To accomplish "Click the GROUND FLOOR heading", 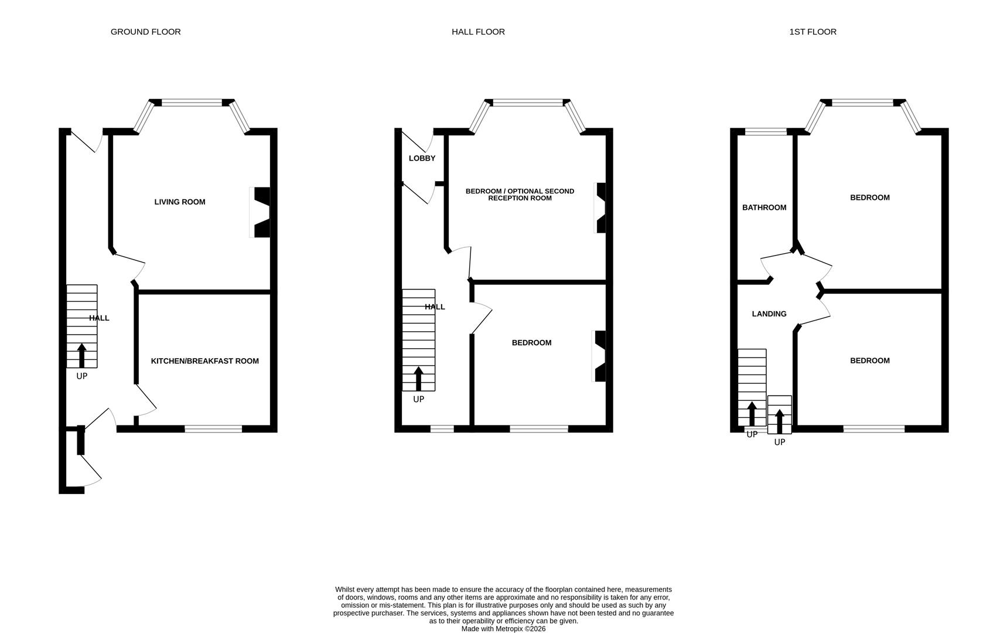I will [x=145, y=32].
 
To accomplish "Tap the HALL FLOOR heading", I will [x=478, y=32].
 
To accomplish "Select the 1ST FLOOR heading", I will [x=813, y=32].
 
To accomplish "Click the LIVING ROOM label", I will [x=180, y=202].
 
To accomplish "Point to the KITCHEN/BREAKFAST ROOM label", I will [x=204, y=361].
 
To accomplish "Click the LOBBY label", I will [x=422, y=158].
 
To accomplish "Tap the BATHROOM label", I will [x=764, y=207].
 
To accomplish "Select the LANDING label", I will [x=769, y=314].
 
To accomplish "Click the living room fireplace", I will [x=261, y=212].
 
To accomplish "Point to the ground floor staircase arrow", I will [x=81, y=355].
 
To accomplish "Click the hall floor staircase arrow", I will [x=418, y=379].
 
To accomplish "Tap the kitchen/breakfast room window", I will [x=213, y=429].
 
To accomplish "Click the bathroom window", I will [x=766, y=132].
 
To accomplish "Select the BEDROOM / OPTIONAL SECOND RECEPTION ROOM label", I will [x=520, y=195].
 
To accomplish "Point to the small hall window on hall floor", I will [x=442, y=429].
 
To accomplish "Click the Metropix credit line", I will [x=503, y=628].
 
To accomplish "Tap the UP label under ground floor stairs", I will [x=81, y=376].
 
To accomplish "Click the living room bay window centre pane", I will [x=192, y=103].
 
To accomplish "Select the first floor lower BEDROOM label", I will [x=869, y=360].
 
